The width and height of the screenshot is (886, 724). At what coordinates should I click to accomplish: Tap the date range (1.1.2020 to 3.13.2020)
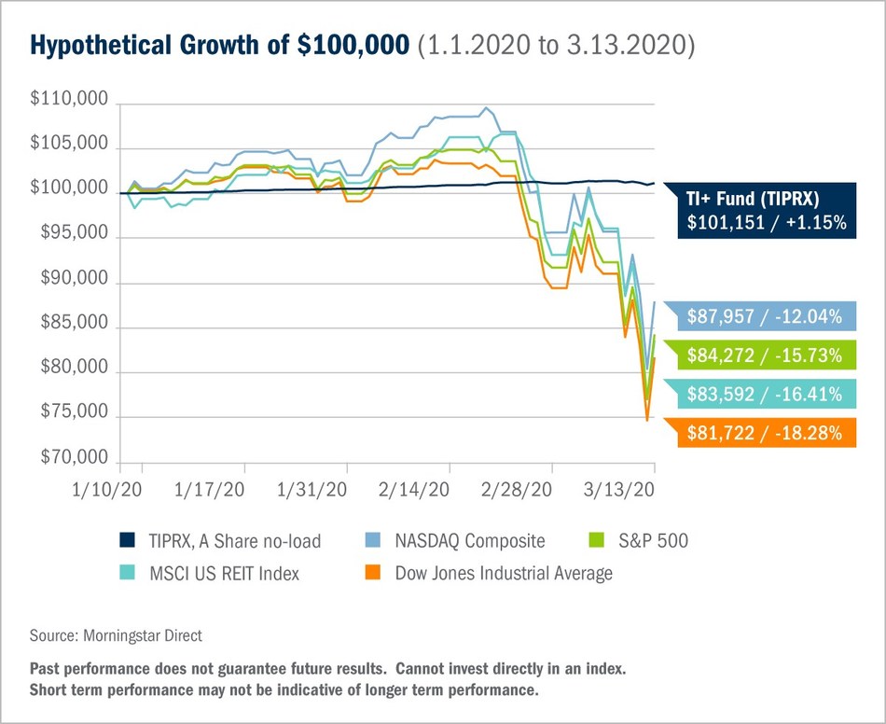click(x=555, y=45)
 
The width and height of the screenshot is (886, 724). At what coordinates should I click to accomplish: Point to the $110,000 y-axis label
click(x=69, y=101)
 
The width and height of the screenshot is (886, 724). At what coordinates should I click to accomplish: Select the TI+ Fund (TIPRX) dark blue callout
click(x=763, y=210)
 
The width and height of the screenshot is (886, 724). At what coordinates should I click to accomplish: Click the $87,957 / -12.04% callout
click(x=763, y=316)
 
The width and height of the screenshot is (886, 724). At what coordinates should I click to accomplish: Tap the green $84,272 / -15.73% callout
click(x=763, y=355)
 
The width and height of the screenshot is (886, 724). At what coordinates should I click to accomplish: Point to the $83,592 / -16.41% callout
click(x=763, y=394)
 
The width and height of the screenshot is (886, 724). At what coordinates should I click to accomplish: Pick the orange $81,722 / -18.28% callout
click(x=763, y=433)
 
